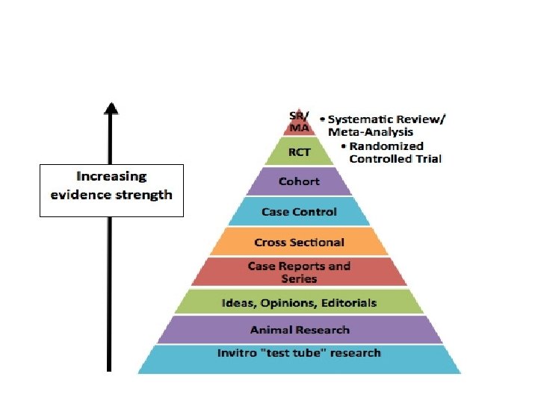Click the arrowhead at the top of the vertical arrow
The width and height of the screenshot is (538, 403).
point(111,108)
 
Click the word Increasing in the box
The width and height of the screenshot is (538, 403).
point(111,177)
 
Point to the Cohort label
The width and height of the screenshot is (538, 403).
point(299,181)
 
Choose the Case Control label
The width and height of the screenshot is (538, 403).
point(299,212)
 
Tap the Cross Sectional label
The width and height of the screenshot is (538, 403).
point(299,243)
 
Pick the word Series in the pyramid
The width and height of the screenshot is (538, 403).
point(299,279)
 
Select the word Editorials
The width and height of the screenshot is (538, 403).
point(347,303)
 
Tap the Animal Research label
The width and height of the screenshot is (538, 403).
point(300,330)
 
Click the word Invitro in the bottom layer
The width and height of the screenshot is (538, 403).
point(237,353)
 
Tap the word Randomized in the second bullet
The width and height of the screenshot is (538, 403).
point(386,146)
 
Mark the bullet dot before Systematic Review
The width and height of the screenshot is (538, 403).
point(322,119)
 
